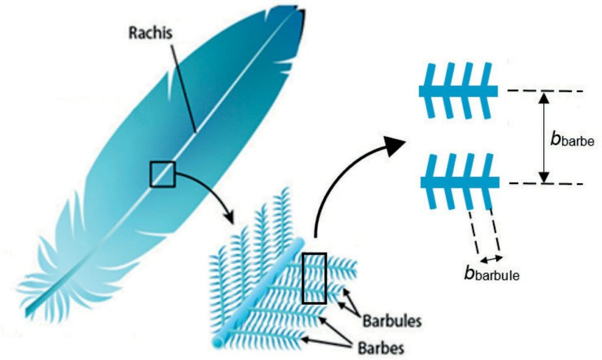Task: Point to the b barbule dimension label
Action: click(491, 274)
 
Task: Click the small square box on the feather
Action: click(162, 174)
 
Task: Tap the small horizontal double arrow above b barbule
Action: click(491, 258)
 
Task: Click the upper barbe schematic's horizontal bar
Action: click(459, 91)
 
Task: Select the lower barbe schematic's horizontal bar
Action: click(459, 182)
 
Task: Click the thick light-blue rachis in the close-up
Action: click(265, 288)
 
